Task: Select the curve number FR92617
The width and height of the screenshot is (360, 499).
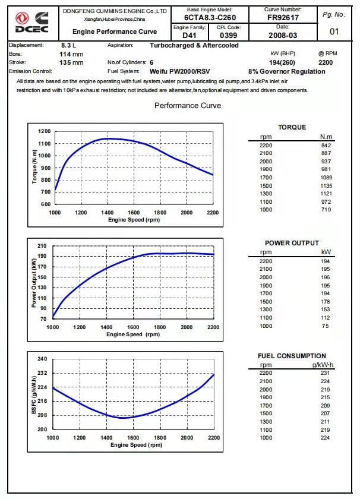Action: point(283,18)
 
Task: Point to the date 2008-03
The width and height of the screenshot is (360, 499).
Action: point(283,35)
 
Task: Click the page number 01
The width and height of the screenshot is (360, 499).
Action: point(334,31)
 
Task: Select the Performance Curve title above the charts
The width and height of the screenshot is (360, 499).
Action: point(188,106)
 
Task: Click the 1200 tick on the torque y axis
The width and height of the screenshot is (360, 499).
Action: point(44,131)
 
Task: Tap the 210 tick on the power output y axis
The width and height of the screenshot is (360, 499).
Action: point(42,246)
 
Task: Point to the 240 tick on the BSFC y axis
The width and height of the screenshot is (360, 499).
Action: point(42,359)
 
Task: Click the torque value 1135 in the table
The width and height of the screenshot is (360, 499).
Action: point(325,185)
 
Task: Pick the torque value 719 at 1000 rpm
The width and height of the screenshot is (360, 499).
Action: point(326,210)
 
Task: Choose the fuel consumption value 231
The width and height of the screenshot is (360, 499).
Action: point(326,372)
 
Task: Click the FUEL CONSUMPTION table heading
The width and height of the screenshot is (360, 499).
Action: point(292,356)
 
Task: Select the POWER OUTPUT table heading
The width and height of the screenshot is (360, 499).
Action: point(292,243)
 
